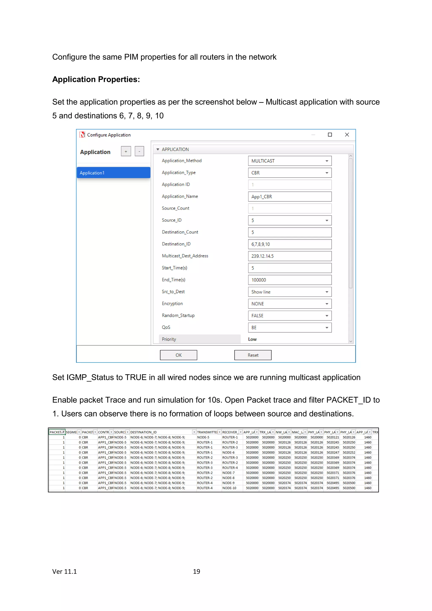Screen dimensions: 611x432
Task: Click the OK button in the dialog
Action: pyautogui.click(x=178, y=355)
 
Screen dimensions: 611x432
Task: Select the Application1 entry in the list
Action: pyautogui.click(x=113, y=173)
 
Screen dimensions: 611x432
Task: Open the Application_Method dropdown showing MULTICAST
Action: pyautogui.click(x=290, y=161)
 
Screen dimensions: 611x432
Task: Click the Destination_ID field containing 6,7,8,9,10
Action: pyautogui.click(x=290, y=244)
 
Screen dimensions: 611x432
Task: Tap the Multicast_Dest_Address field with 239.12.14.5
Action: pyautogui.click(x=290, y=256)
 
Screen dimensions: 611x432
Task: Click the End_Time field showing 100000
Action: pyautogui.click(x=290, y=280)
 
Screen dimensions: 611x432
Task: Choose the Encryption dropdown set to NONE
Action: pyautogui.click(x=290, y=304)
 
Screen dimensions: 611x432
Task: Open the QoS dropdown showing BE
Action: pyautogui.click(x=290, y=328)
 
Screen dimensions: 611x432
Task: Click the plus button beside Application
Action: pyautogui.click(x=126, y=151)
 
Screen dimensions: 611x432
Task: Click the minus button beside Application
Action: pyautogui.click(x=139, y=151)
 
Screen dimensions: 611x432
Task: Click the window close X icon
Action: pyautogui.click(x=347, y=135)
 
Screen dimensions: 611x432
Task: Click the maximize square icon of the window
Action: pyautogui.click(x=330, y=135)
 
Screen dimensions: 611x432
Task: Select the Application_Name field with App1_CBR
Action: pyautogui.click(x=290, y=197)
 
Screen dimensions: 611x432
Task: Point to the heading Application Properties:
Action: pyautogui.click(x=96, y=79)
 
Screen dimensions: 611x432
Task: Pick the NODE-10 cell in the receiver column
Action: pyautogui.click(x=229, y=488)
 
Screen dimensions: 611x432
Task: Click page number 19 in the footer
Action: pyautogui.click(x=196, y=572)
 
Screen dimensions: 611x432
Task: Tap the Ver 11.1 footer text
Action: pyautogui.click(x=64, y=572)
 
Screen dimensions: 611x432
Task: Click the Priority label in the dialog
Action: pyautogui.click(x=169, y=339)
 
